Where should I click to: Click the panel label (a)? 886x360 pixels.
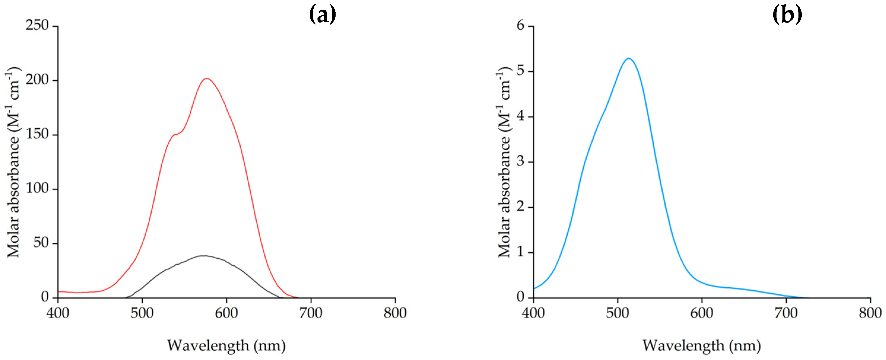click(x=322, y=15)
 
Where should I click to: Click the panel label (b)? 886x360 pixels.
click(x=787, y=15)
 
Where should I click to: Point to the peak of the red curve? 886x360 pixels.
click(x=206, y=79)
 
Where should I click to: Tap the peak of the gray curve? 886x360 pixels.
click(x=204, y=256)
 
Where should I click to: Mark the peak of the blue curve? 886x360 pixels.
click(x=628, y=58)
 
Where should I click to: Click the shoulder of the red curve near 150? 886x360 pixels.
click(x=175, y=134)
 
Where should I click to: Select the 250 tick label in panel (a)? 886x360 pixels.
click(x=37, y=25)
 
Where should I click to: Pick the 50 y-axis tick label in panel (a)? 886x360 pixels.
click(x=41, y=243)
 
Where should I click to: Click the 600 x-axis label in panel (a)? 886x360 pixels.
click(x=226, y=313)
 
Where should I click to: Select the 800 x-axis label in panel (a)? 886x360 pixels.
click(x=395, y=313)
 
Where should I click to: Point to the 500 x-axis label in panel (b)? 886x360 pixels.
click(x=617, y=313)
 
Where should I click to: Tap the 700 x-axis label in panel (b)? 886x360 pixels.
click(x=786, y=313)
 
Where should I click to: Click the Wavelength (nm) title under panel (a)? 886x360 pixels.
click(x=226, y=345)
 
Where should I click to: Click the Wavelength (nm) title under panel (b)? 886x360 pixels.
click(x=702, y=345)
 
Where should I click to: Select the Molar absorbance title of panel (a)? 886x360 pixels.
click(x=14, y=162)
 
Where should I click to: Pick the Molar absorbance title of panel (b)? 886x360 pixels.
click(x=504, y=162)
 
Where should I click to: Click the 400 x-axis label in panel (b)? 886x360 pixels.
click(x=533, y=313)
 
